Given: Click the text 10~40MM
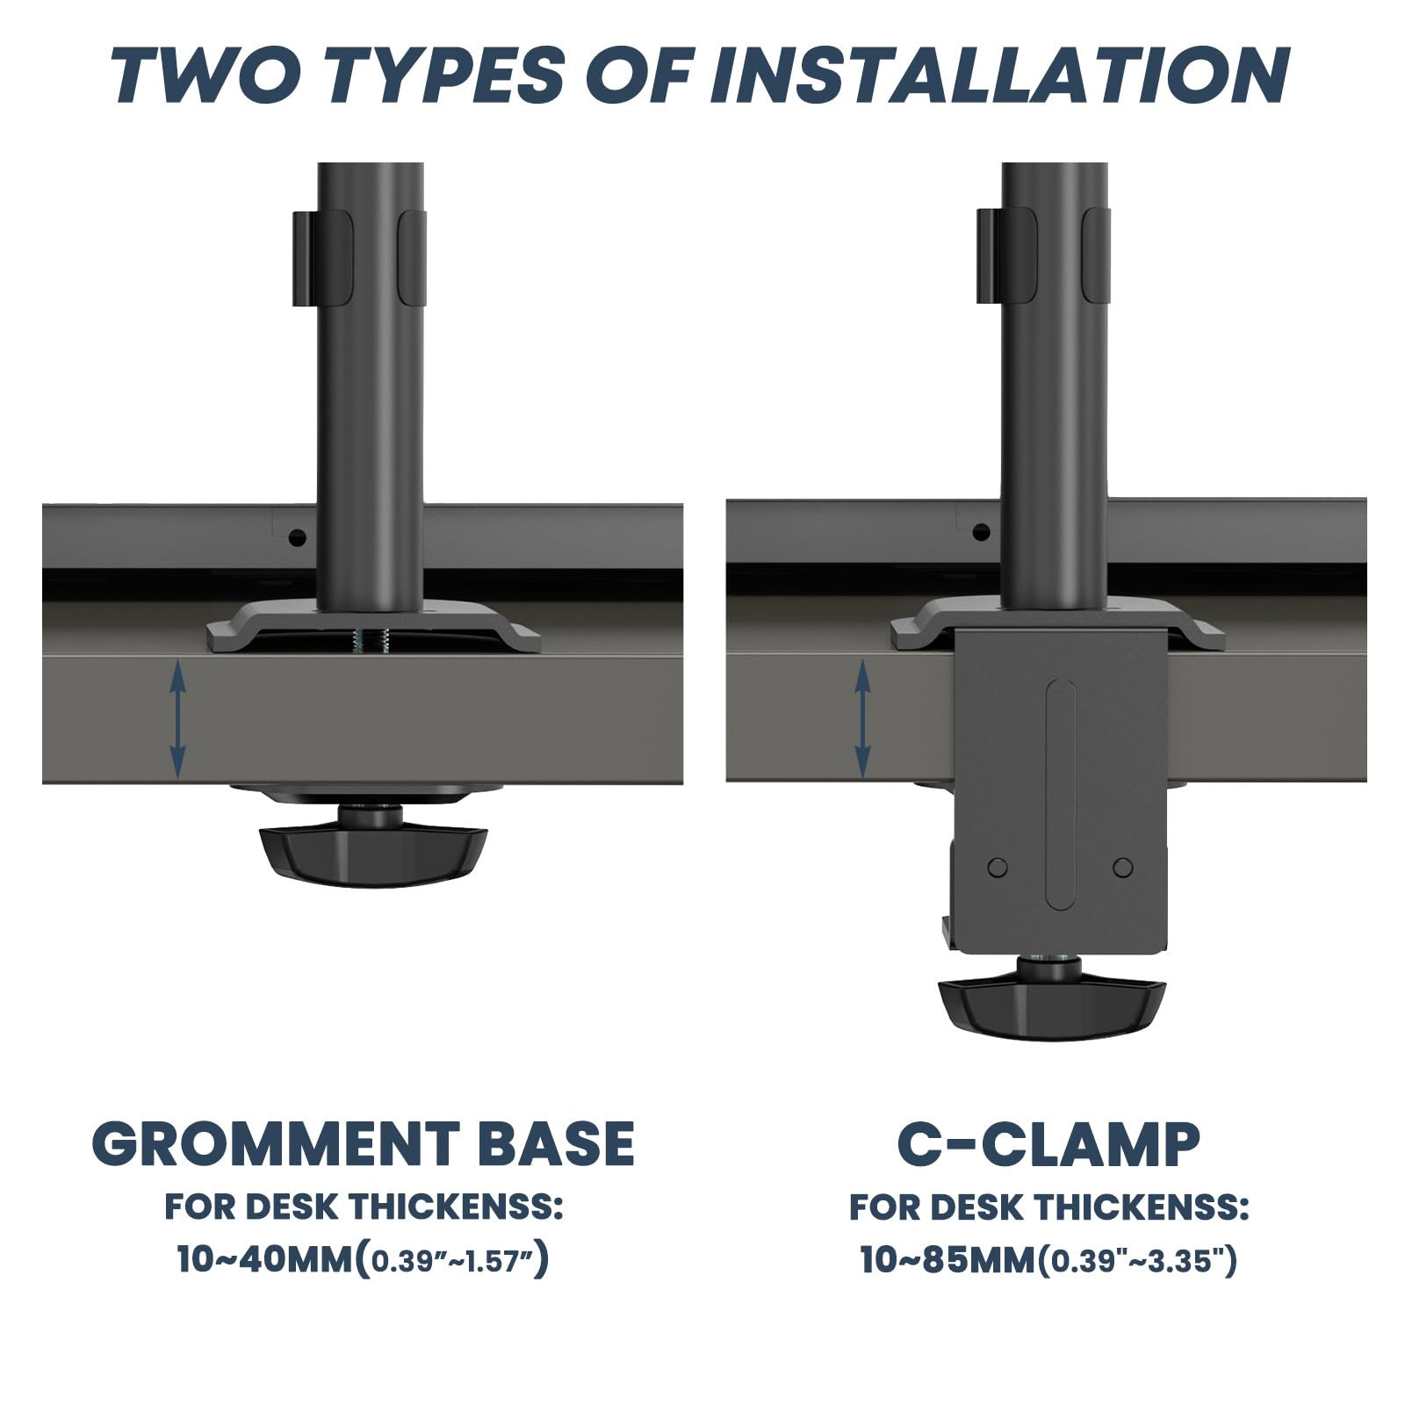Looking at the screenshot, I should coord(264,1260).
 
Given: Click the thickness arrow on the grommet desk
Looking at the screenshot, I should coord(177,720).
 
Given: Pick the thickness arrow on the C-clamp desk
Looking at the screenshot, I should coord(862,720).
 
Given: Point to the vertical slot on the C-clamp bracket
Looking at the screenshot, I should coord(1061,795).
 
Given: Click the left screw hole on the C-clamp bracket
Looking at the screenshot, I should coord(998,868).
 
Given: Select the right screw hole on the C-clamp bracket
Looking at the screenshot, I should coord(1122,868).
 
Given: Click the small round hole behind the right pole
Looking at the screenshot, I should coord(981,531).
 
